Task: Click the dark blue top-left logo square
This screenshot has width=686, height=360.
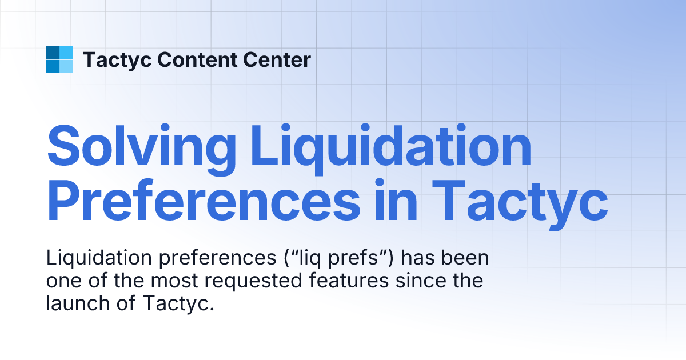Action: tap(53, 53)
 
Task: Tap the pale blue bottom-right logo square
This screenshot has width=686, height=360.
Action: tap(66, 66)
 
